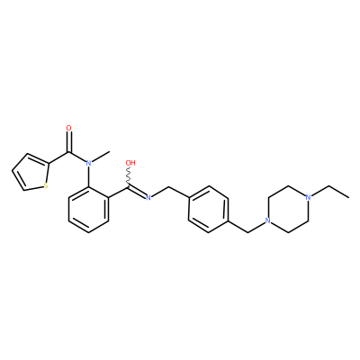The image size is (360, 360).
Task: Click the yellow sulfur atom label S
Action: pyautogui.click(x=46, y=186)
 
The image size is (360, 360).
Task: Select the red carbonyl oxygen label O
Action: pyautogui.click(x=69, y=129)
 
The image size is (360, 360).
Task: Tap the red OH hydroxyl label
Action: pyautogui.click(x=130, y=163)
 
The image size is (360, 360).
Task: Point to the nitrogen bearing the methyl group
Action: pyautogui.click(x=88, y=163)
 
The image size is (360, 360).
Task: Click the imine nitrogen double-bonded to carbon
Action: pyautogui.click(x=148, y=197)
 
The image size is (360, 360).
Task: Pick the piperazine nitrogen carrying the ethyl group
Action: pyautogui.click(x=307, y=197)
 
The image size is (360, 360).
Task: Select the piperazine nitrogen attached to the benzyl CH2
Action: pyautogui.click(x=268, y=221)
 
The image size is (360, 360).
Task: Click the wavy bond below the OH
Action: pyautogui.click(x=130, y=177)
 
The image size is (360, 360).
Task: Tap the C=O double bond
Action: pyautogui.click(x=69, y=142)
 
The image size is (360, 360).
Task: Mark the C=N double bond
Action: pyautogui.click(x=137, y=193)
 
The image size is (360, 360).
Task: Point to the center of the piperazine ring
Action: pyautogui.click(x=288, y=210)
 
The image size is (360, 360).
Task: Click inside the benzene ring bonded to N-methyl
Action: pyautogui.click(x=88, y=210)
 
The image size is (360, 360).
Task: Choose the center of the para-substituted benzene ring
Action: pyautogui.click(x=209, y=210)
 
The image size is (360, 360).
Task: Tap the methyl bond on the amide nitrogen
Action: pyautogui.click(x=100, y=157)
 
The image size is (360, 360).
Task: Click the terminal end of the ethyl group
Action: pyautogui.click(x=349, y=198)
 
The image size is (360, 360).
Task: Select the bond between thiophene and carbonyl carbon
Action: pyautogui.click(x=59, y=157)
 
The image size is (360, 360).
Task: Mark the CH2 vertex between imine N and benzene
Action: pyautogui.click(x=168, y=186)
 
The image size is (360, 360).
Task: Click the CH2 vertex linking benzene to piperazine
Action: pyautogui.click(x=248, y=232)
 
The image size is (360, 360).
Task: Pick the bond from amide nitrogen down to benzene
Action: pyautogui.click(x=88, y=176)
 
